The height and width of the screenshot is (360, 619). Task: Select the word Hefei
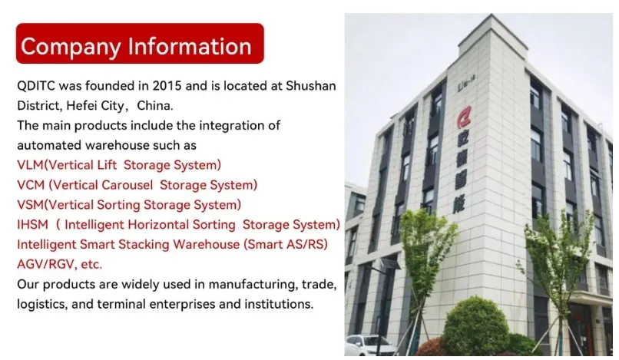tap(82, 105)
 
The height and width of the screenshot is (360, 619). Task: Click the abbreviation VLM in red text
tap(31, 165)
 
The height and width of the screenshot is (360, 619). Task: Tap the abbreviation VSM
tap(31, 205)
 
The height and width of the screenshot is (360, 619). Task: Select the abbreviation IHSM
tap(32, 225)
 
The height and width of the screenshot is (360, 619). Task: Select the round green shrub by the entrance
tap(476, 325)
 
